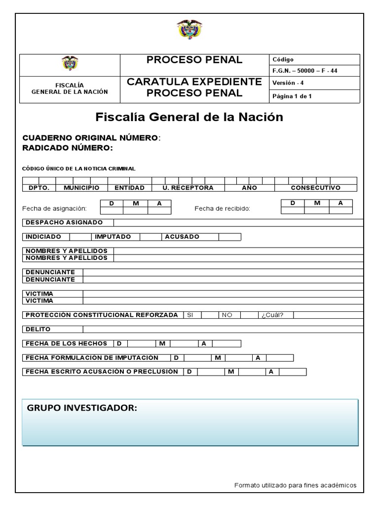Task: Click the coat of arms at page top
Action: (189, 30)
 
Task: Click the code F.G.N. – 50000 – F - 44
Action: (304, 71)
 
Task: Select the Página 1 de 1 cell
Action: (292, 96)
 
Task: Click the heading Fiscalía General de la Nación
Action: (189, 118)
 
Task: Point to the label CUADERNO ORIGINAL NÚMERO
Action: (91, 138)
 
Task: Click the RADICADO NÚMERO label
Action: (68, 147)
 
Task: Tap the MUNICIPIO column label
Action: (81, 188)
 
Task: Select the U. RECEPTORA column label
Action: (188, 188)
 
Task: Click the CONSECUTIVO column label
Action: (315, 188)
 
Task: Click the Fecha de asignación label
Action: (54, 209)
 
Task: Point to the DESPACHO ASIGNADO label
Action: (64, 223)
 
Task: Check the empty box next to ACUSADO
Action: (229, 237)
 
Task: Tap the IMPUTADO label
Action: (113, 237)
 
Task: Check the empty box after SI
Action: (210, 315)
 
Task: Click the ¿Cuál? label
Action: (272, 315)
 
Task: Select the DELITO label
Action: (38, 329)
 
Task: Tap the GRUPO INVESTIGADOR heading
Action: (82, 408)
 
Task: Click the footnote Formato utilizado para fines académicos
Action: (295, 485)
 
